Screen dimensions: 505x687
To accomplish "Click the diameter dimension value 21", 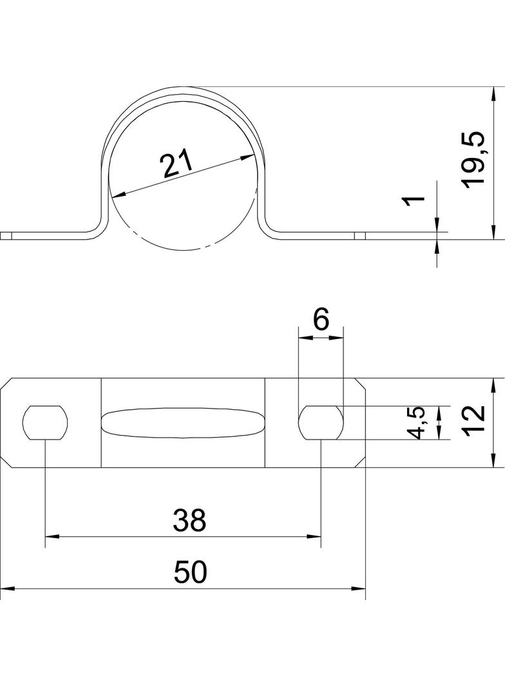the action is tap(176, 162).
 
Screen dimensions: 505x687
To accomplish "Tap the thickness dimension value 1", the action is tap(414, 200).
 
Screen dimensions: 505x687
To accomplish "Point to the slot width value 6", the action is tap(321, 320).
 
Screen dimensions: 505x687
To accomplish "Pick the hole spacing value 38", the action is tap(189, 520).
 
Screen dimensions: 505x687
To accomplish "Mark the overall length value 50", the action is tap(190, 572).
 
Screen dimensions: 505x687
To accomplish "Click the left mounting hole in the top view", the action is tap(45, 423).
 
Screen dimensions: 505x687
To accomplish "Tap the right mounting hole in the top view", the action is tap(321, 423).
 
